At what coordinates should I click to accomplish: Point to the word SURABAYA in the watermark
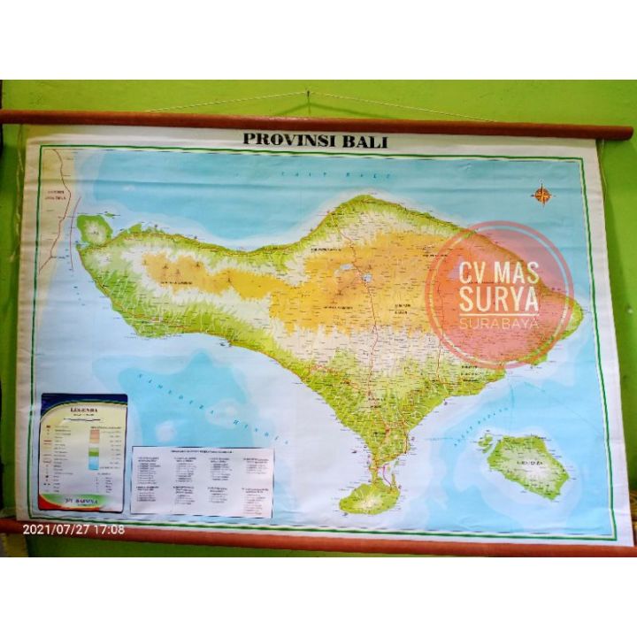(497, 324)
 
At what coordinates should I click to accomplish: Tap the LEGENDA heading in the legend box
(83, 412)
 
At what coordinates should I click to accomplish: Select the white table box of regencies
(203, 480)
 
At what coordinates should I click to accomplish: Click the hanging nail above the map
(307, 92)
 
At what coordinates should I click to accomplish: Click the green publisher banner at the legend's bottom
(81, 502)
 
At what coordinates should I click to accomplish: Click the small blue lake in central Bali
(366, 277)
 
